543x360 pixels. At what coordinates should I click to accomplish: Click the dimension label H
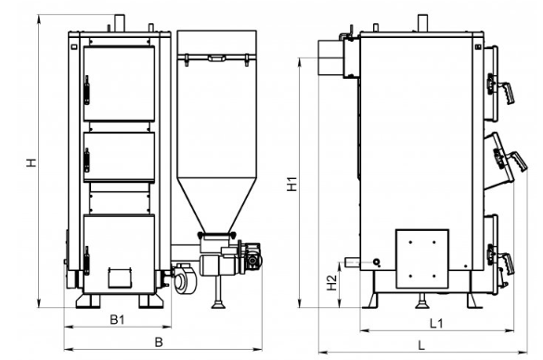[x=32, y=162]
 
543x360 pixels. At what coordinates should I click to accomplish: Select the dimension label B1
[x=117, y=319]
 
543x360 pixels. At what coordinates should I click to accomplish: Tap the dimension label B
[x=159, y=342]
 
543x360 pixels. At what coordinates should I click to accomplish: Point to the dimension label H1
[x=292, y=184]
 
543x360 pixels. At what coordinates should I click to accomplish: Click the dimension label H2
[x=331, y=282]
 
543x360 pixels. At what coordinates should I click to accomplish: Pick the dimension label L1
[x=436, y=323]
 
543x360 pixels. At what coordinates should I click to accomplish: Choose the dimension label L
[x=421, y=345]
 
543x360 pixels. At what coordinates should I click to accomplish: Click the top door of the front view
[x=119, y=84]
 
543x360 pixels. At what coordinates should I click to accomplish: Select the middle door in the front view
[x=119, y=157]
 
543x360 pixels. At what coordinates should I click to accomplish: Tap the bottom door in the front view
[x=119, y=254]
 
